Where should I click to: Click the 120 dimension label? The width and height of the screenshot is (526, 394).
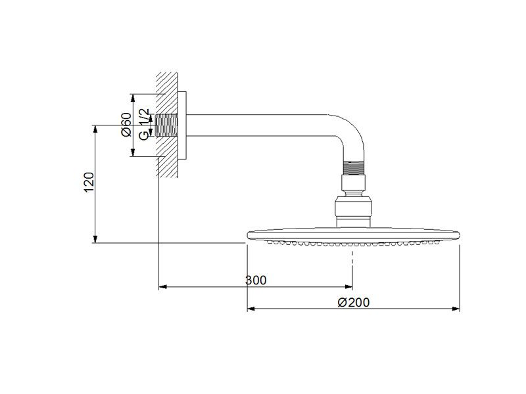click(89, 182)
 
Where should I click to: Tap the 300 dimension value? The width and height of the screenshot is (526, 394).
click(256, 280)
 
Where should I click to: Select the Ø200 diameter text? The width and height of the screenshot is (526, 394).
click(354, 302)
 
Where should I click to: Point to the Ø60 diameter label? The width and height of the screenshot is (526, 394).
click(126, 124)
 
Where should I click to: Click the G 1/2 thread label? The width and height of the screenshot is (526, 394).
click(143, 124)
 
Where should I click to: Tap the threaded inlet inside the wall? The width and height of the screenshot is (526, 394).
click(166, 125)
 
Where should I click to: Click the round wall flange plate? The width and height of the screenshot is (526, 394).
click(182, 125)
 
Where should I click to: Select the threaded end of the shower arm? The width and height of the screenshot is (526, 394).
click(353, 168)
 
